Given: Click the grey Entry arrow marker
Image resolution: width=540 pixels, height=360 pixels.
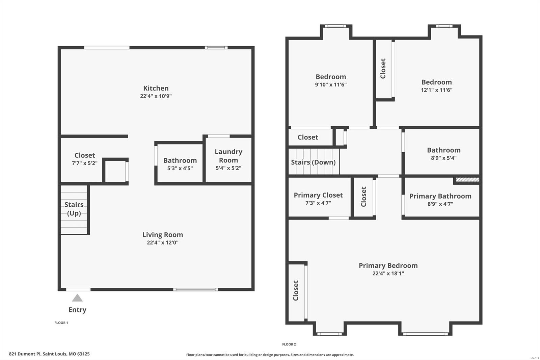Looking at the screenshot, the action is tap(77, 298).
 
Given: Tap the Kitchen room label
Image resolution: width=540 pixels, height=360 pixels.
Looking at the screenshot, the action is tap(156, 88).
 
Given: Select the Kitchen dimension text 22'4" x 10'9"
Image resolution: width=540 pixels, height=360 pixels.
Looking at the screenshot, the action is tap(156, 96).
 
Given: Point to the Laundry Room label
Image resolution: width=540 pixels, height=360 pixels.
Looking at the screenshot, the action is tap(228, 156).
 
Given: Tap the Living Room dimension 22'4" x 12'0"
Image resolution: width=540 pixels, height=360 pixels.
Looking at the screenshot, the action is tap(163, 242).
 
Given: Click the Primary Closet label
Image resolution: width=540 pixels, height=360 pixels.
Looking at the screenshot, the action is tap(318, 195).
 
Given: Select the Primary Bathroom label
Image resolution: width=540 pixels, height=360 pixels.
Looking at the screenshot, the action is tap(440, 196).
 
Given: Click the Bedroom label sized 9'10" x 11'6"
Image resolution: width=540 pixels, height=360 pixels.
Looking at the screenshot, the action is tap(331, 77).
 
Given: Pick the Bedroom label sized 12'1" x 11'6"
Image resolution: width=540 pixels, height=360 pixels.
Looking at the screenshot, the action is tap(437, 82).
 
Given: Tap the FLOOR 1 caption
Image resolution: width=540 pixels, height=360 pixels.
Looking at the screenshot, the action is tap(61, 323).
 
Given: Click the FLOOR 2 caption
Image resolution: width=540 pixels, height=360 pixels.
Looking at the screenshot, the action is tap(289, 344).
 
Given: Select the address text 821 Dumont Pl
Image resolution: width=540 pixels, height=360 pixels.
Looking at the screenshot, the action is tap(25, 354).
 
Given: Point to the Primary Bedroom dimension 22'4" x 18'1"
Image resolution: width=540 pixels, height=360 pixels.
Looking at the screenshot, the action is tap(388, 274).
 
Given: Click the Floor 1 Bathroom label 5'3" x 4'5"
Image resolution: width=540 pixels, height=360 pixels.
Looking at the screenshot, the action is tap(180, 160).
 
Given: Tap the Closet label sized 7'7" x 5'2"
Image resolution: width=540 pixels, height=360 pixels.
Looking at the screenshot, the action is tap(85, 155).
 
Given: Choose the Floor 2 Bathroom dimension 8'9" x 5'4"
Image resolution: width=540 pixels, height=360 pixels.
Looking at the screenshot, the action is tap(444, 158).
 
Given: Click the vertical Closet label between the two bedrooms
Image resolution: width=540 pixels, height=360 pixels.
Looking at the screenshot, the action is tap(383, 69).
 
